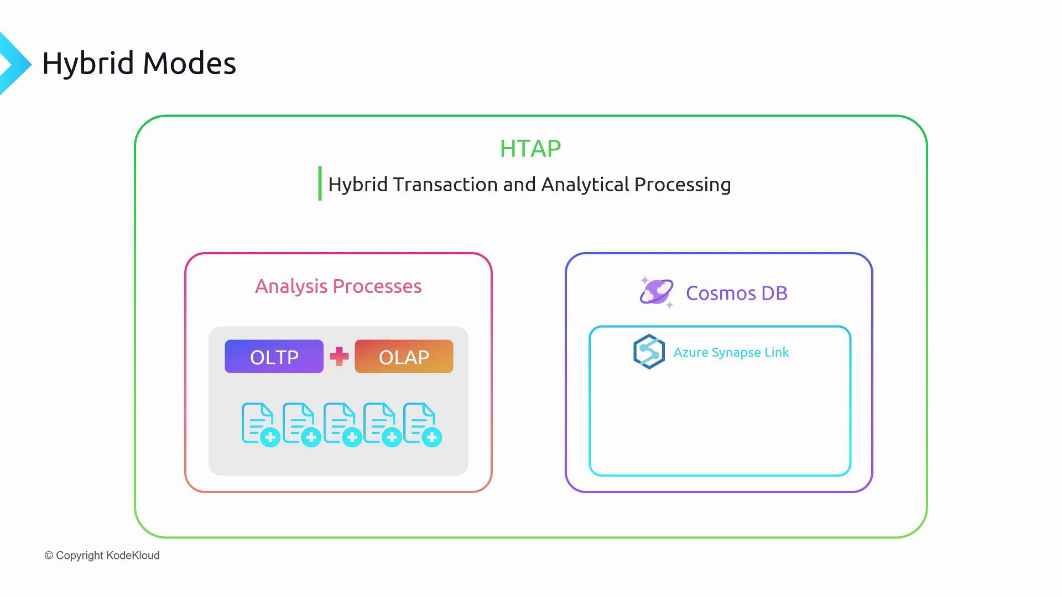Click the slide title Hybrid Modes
click(x=139, y=63)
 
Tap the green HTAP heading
click(x=530, y=149)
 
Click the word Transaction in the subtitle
click(x=445, y=185)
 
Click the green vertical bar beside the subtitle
click(x=320, y=184)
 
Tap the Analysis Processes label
click(x=338, y=286)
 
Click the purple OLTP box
click(x=274, y=357)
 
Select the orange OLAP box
click(x=404, y=357)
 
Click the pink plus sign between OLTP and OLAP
click(x=339, y=357)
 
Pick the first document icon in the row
click(x=261, y=425)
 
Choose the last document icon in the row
click(x=423, y=425)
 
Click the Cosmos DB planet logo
click(x=657, y=292)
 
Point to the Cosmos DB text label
click(x=737, y=293)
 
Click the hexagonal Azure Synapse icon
click(x=649, y=352)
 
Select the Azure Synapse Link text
click(x=731, y=353)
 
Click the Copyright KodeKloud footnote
click(x=102, y=556)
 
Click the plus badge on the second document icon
click(x=311, y=438)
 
